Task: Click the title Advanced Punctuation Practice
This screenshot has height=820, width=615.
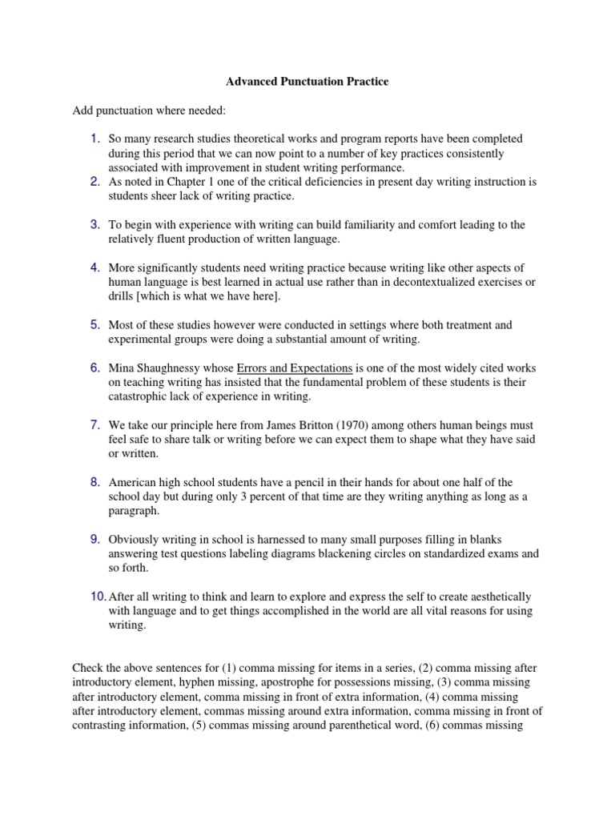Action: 307,82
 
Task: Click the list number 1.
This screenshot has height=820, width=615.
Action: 94,139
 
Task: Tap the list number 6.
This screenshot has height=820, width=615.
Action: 94,368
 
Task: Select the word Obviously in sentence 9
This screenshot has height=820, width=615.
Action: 135,540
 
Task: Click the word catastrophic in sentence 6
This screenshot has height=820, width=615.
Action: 140,396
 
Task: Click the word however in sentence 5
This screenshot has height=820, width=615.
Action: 223,325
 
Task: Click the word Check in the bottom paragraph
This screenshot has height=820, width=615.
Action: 88,668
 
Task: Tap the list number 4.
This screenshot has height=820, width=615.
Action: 94,267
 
